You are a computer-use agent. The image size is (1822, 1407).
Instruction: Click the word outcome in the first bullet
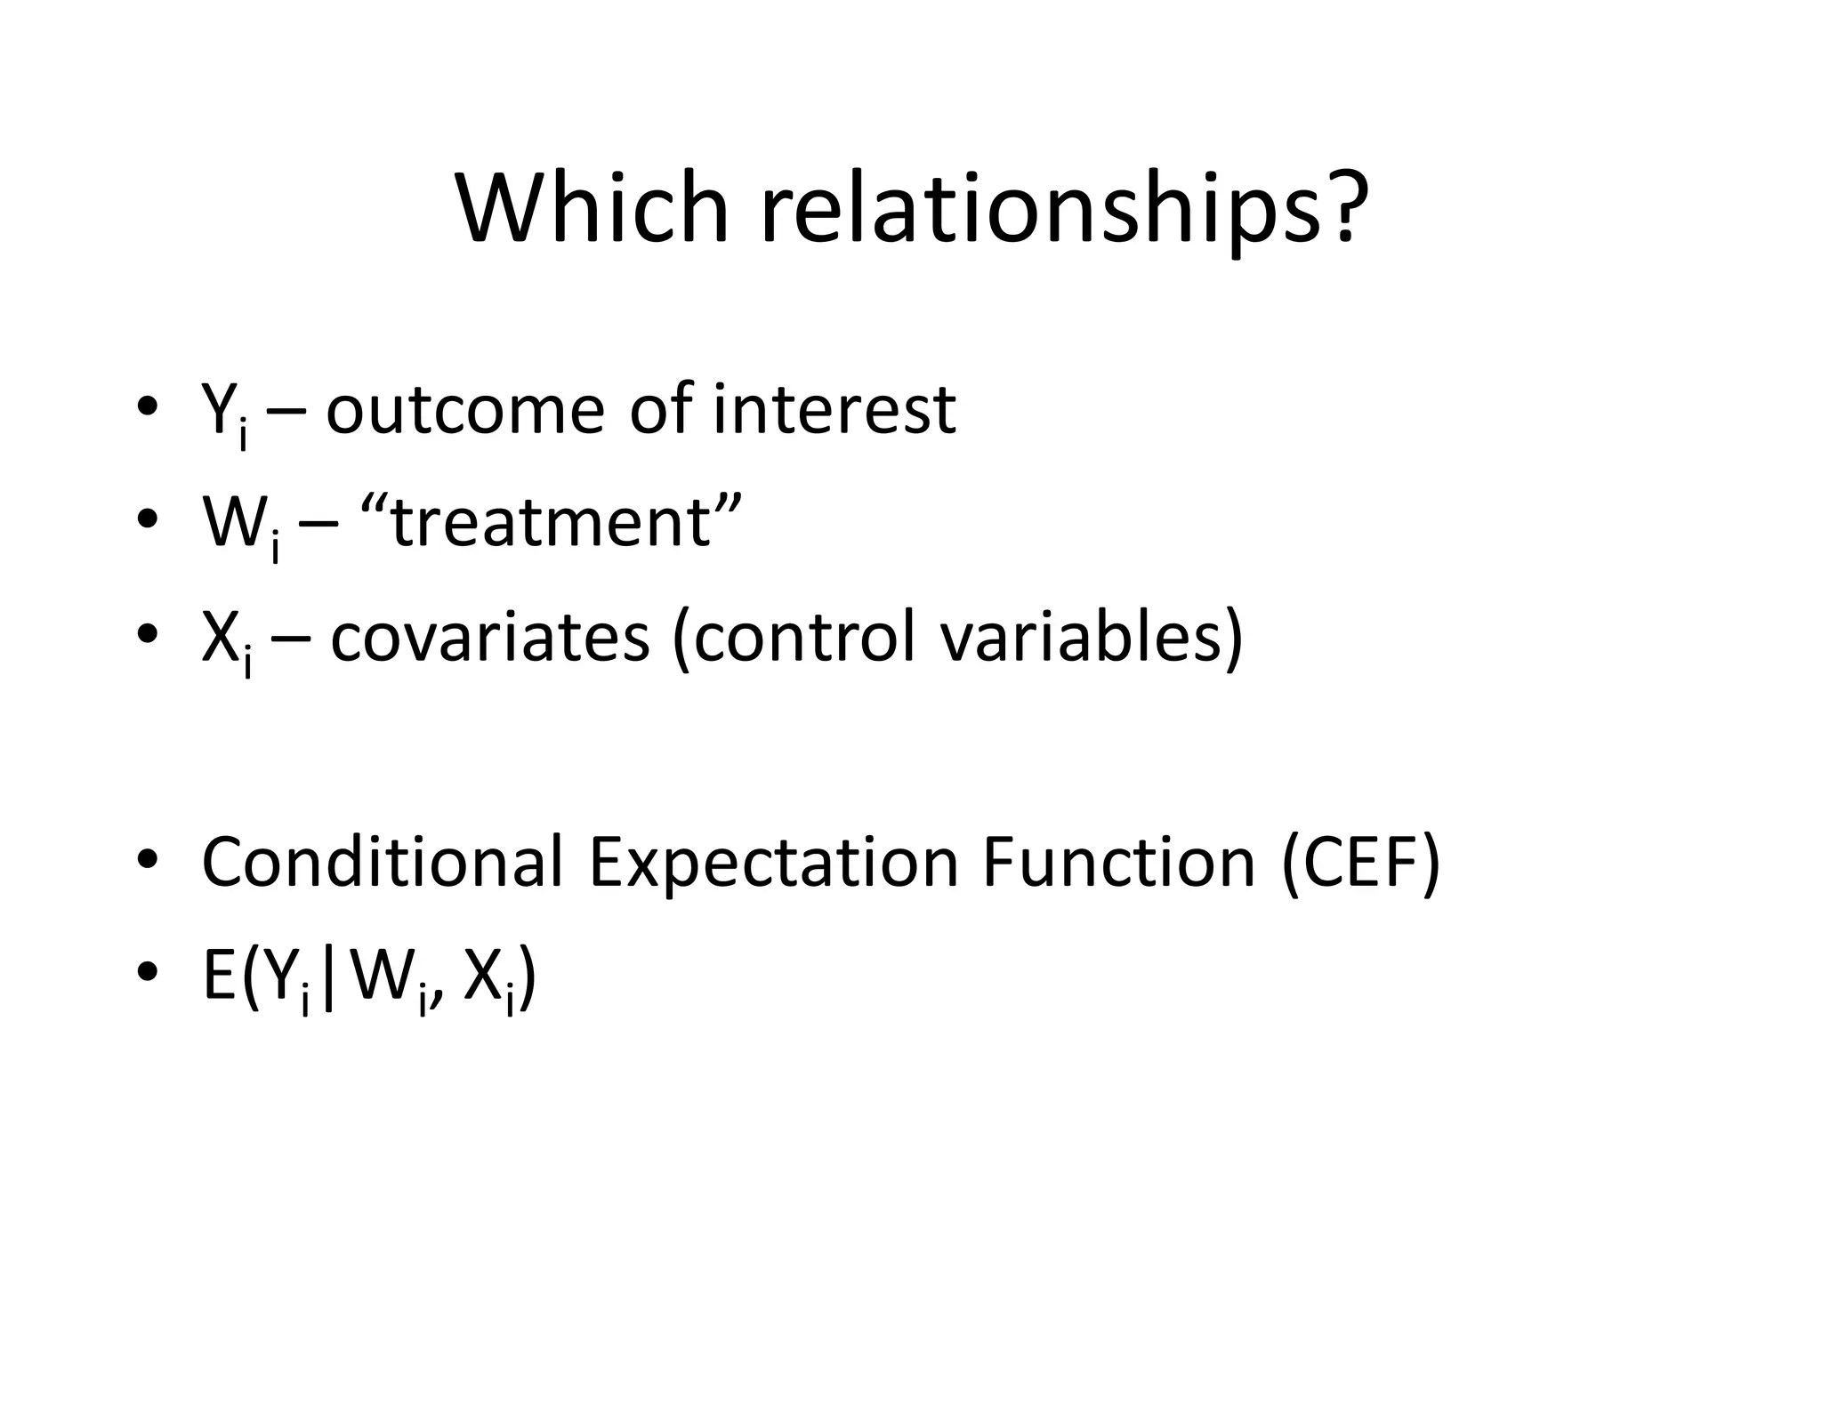(x=465, y=411)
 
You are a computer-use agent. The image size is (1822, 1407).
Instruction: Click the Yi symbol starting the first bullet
(x=223, y=414)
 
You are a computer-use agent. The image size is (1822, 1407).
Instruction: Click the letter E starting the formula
(x=219, y=976)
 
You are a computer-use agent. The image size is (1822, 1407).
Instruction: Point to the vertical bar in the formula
(x=330, y=978)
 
